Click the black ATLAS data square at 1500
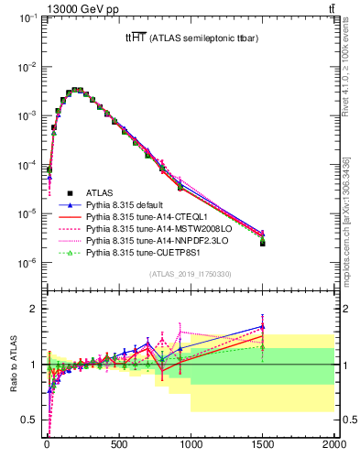tap(263, 243)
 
